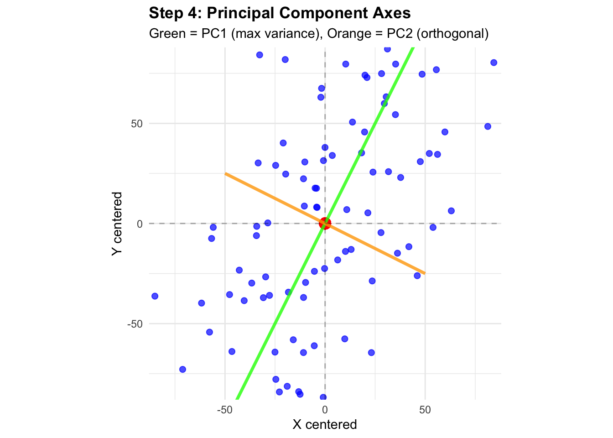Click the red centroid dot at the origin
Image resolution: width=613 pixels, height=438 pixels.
325,224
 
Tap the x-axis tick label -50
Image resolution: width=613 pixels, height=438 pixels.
224,410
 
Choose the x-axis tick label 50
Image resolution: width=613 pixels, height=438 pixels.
425,410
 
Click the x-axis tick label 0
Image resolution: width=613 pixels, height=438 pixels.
325,410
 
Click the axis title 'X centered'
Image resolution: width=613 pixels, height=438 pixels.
325,425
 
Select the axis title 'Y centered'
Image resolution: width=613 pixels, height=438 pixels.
117,224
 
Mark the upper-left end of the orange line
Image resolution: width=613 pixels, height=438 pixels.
225,173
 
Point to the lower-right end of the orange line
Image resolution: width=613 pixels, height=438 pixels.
425,273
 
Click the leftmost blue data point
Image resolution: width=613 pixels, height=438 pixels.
155,296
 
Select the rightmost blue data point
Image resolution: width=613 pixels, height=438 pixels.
494,63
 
